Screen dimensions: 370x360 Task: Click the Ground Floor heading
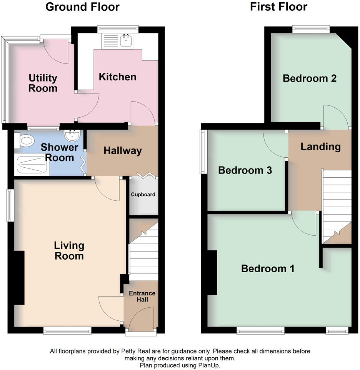tap(82, 7)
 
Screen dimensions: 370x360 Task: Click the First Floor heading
tap(278, 7)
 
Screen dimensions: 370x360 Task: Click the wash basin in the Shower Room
tap(73, 136)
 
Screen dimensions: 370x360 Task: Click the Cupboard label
tap(143, 195)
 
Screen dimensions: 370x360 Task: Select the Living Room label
tap(69, 250)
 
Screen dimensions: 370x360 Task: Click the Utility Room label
tap(43, 83)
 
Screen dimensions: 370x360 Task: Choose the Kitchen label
tap(118, 77)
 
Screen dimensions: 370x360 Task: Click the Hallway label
tap(123, 151)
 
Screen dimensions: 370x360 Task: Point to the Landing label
tap(320, 147)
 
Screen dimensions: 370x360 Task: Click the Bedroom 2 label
tap(310, 78)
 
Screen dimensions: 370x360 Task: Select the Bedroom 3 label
tap(245, 170)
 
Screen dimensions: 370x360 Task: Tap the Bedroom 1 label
tap(268, 268)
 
